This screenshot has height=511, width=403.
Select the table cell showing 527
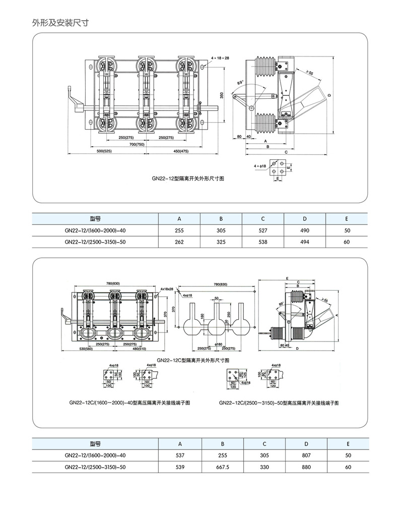tap(263, 230)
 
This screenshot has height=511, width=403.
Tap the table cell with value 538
tap(263, 242)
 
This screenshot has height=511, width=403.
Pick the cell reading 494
tap(305, 242)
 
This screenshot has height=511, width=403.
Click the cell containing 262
tap(179, 242)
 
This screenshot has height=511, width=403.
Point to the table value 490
tap(305, 230)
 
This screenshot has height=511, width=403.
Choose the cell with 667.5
tap(221, 467)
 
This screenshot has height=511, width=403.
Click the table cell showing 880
tap(305, 467)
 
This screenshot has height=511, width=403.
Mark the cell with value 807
tap(305, 455)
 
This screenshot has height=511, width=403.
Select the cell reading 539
tap(179, 467)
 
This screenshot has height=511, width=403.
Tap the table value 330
tap(263, 467)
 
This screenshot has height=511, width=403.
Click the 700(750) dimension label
tap(137, 144)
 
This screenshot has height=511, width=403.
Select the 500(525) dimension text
tap(104, 151)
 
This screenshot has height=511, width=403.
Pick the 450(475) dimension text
tap(180, 151)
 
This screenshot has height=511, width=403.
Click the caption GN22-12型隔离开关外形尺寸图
tap(188, 179)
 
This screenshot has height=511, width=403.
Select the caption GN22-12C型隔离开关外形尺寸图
tap(193, 360)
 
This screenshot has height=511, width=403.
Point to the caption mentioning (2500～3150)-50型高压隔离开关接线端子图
tap(279, 403)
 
